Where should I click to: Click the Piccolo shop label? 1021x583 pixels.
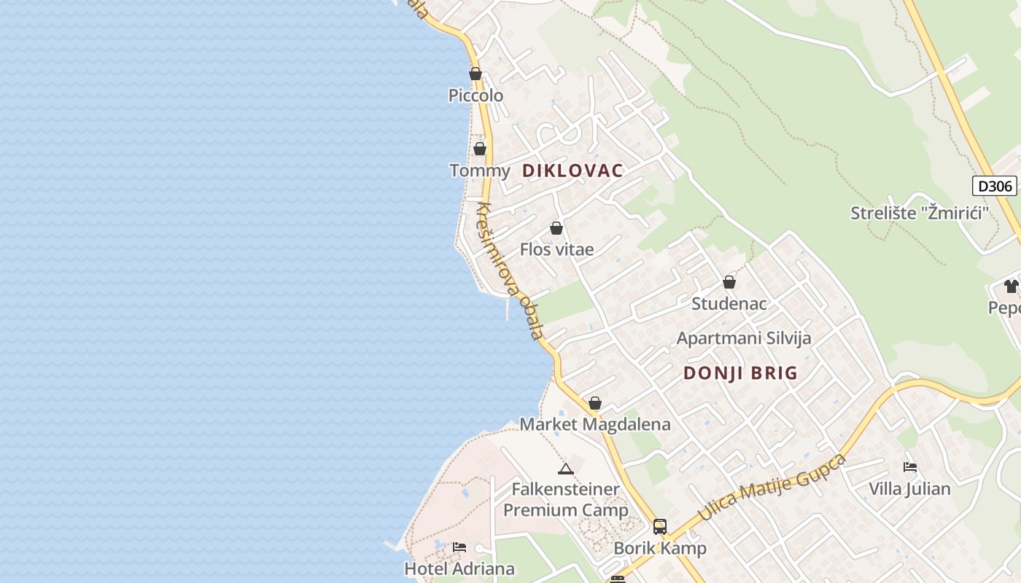pyautogui.click(x=475, y=95)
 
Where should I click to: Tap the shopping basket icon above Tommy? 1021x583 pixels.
pyautogui.click(x=480, y=149)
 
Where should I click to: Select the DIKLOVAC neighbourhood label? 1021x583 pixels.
pyautogui.click(x=572, y=171)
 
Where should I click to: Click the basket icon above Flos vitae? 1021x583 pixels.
pyautogui.click(x=556, y=228)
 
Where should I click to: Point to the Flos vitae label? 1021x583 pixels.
pyautogui.click(x=556, y=249)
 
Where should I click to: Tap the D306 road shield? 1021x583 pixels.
pyautogui.click(x=995, y=186)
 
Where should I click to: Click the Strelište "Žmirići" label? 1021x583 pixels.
pyautogui.click(x=919, y=213)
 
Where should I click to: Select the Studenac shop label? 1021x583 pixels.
pyautogui.click(x=729, y=303)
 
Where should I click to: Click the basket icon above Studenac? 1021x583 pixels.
pyautogui.click(x=729, y=282)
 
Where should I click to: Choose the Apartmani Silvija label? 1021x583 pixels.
pyautogui.click(x=743, y=338)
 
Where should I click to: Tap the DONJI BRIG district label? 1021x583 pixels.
pyautogui.click(x=740, y=373)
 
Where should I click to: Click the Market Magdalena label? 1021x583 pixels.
pyautogui.click(x=594, y=424)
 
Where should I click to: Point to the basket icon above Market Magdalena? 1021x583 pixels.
pyautogui.click(x=595, y=403)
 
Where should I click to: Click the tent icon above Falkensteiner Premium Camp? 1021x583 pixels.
pyautogui.click(x=565, y=469)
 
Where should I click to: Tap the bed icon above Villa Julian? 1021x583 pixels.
pyautogui.click(x=909, y=467)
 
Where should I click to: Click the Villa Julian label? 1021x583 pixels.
pyautogui.click(x=909, y=488)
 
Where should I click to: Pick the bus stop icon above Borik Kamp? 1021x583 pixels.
pyautogui.click(x=660, y=526)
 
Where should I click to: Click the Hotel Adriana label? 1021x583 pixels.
pyautogui.click(x=459, y=568)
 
